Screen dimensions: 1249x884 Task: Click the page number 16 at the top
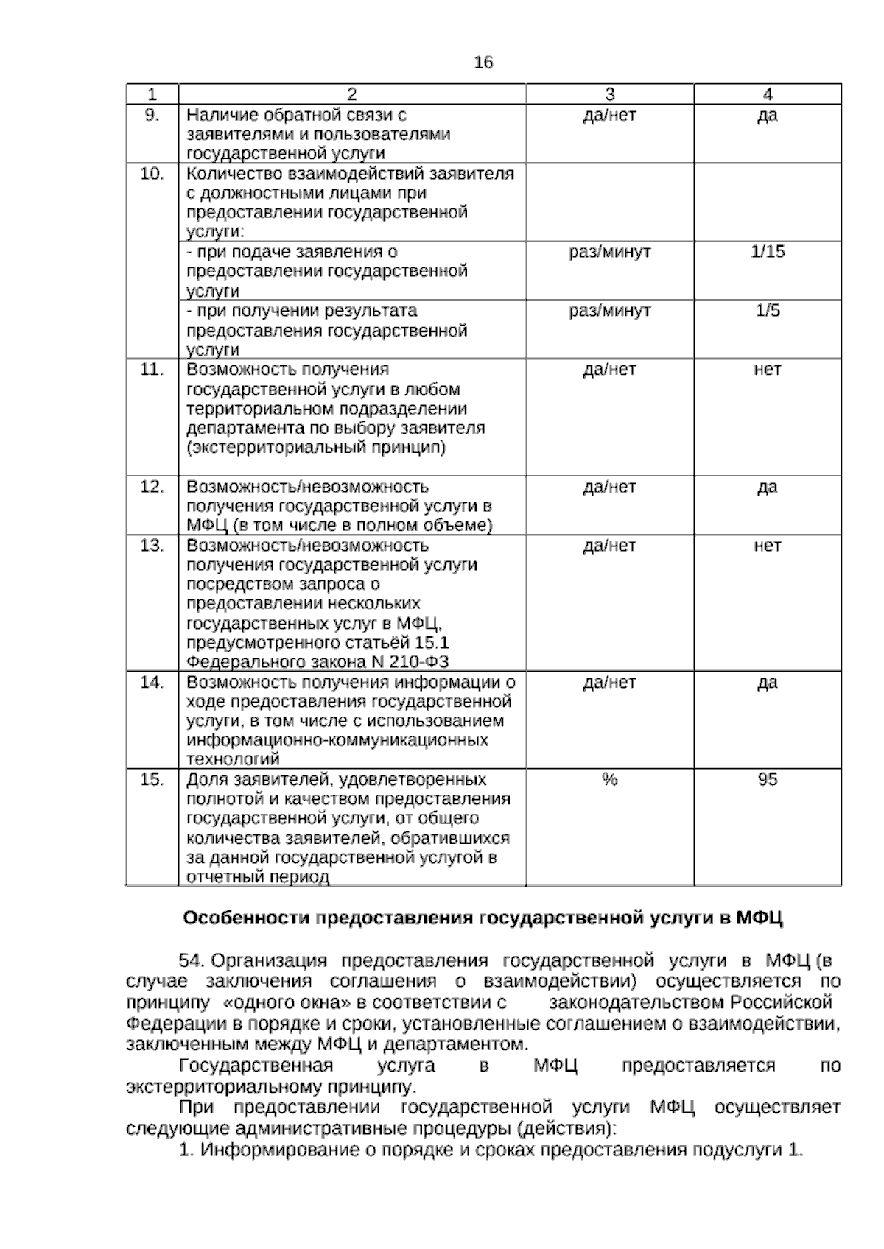coord(483,63)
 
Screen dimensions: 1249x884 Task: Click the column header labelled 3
coord(609,94)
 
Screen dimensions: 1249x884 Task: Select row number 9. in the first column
coord(151,115)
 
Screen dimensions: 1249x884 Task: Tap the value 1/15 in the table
coord(767,252)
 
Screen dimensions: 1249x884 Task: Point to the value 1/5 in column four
coord(767,311)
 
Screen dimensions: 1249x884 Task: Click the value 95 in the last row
coord(767,780)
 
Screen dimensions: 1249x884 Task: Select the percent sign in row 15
coord(609,780)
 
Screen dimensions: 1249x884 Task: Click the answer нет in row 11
coord(767,370)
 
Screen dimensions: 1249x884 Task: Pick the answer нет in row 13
coord(767,546)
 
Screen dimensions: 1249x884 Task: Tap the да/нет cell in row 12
coord(609,488)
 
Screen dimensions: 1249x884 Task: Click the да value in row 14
coord(767,683)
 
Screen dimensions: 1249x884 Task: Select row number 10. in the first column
coord(151,175)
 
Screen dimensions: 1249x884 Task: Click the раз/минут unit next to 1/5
coord(609,311)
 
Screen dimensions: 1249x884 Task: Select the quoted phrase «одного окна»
coord(280,1002)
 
